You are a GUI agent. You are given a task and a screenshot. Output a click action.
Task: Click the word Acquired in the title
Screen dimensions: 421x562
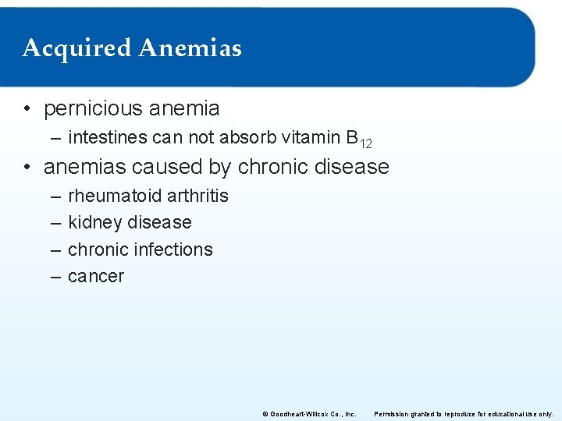[x=76, y=48]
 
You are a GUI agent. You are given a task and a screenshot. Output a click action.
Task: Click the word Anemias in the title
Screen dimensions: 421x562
[x=190, y=48]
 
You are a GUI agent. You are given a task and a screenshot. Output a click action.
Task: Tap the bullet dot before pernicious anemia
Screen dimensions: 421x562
[x=27, y=109]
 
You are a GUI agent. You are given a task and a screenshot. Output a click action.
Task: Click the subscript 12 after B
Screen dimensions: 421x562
[x=365, y=143]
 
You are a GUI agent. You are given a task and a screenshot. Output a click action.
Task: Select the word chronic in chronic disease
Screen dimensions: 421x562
[x=274, y=167]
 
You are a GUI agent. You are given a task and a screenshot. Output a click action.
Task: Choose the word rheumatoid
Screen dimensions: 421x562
[x=112, y=196]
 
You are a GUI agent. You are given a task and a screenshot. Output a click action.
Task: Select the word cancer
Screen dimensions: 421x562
[x=96, y=276]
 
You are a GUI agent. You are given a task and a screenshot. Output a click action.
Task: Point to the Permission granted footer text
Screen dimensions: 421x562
[x=464, y=413]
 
